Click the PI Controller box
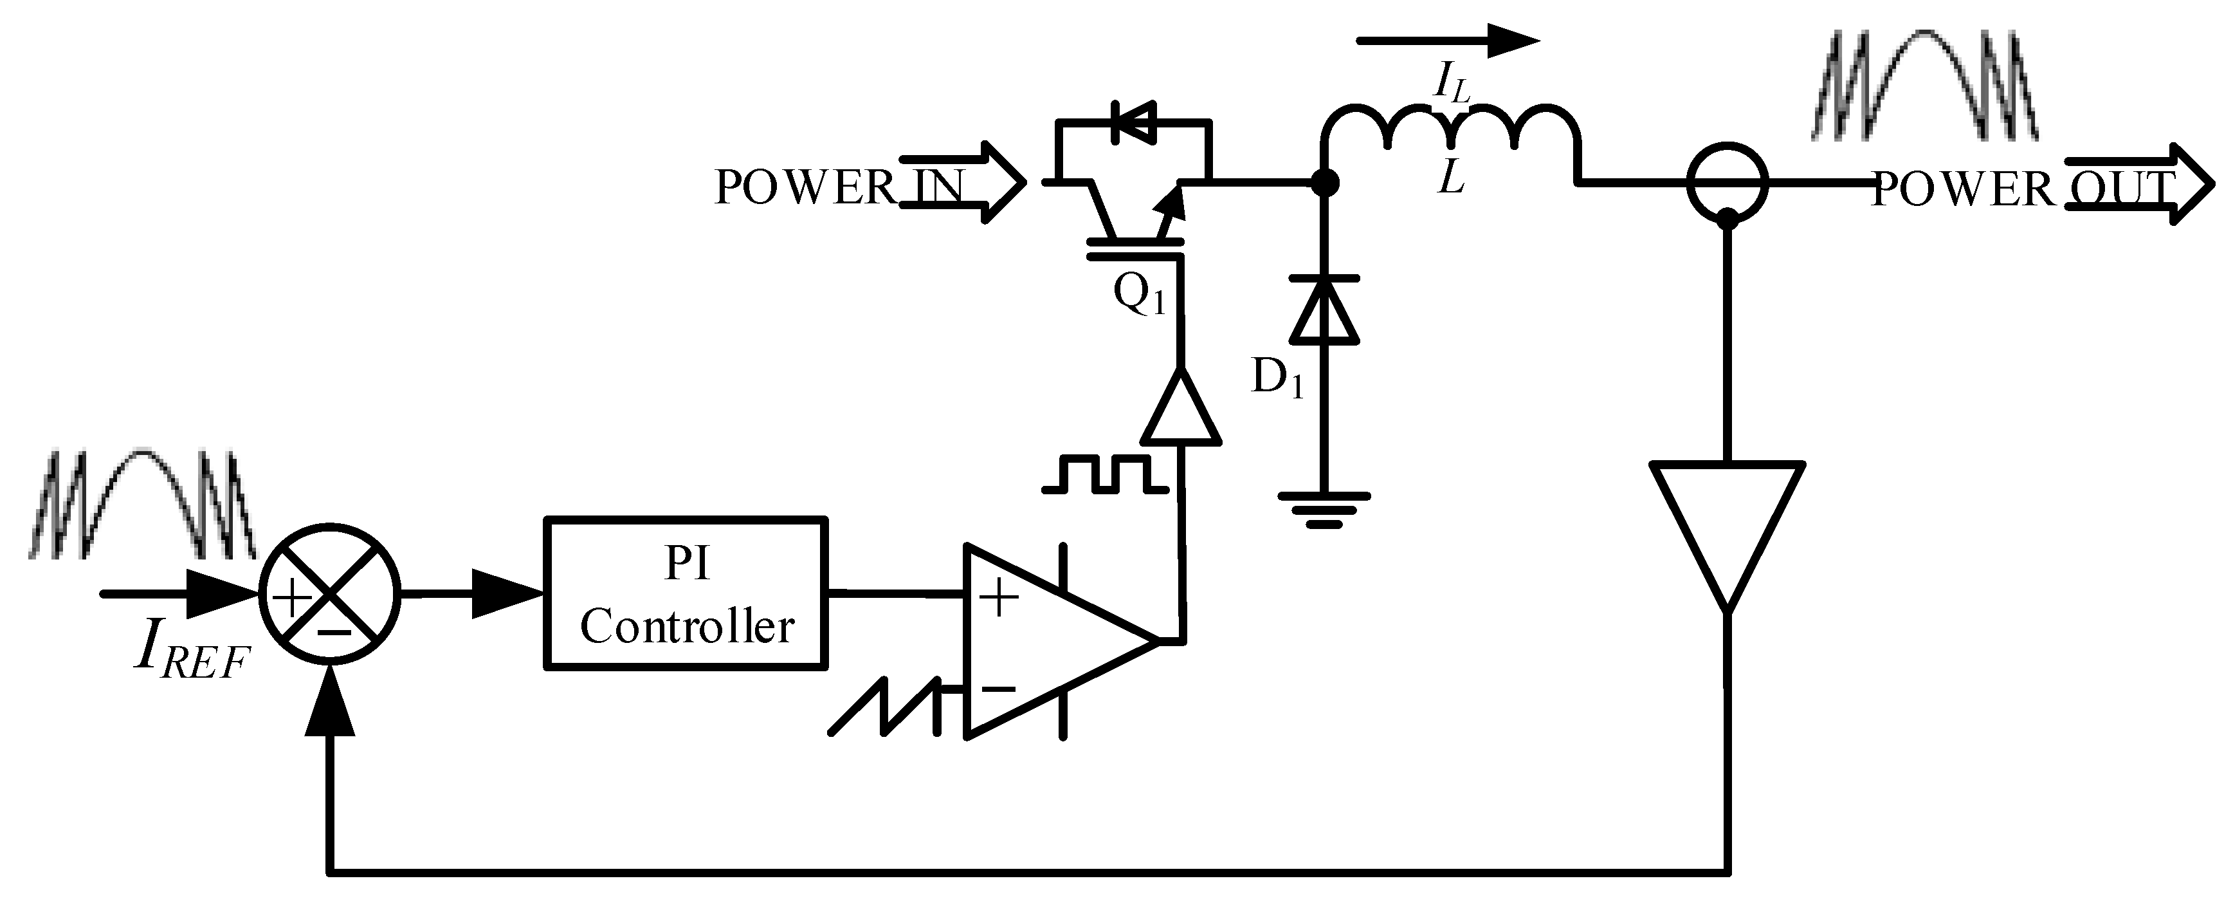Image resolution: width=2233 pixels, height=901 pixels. (x=685, y=594)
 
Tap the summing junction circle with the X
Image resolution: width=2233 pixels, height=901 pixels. (x=329, y=594)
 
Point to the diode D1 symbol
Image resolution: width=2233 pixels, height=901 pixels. (x=1324, y=310)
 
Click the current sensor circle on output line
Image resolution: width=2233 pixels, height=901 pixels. (x=1727, y=182)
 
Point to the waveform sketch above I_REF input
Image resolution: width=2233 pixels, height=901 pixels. (x=143, y=503)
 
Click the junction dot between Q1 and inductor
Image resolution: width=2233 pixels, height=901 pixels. (x=1324, y=183)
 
